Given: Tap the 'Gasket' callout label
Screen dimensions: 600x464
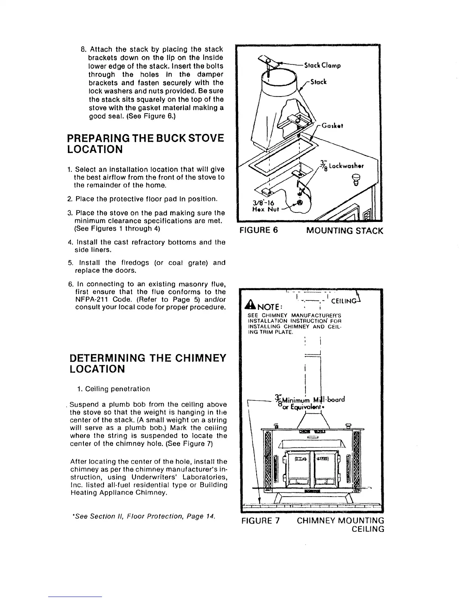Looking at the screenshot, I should [x=333, y=126].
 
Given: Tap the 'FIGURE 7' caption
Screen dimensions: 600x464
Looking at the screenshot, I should [x=260, y=520].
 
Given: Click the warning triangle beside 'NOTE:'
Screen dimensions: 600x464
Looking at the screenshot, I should [x=249, y=305].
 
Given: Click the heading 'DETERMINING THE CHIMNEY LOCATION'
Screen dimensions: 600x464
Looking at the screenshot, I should [x=148, y=363].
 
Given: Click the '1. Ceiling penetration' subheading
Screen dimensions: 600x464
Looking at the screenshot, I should [x=112, y=389].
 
